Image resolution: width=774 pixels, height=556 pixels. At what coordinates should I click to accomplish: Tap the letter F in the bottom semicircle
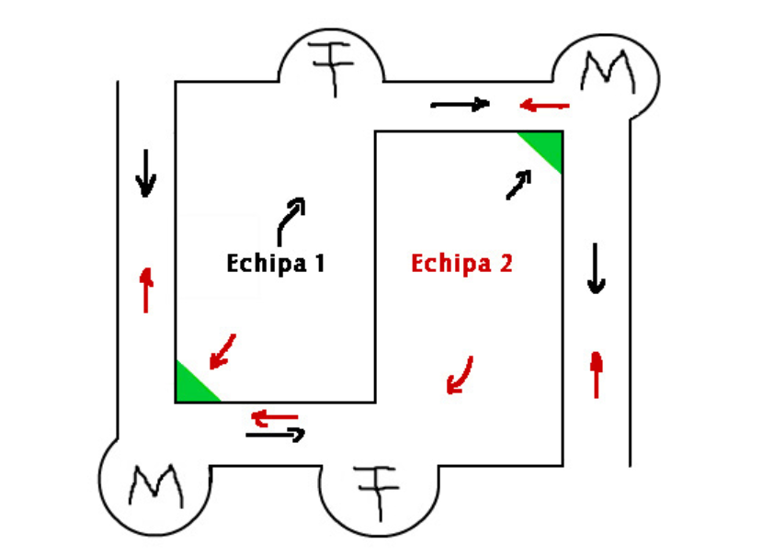[379, 491]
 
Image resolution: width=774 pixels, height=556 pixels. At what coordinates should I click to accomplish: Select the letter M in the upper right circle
[609, 72]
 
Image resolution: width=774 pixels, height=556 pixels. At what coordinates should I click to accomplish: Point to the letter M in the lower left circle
[156, 486]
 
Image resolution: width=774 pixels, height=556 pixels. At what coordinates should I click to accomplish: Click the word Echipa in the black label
[267, 264]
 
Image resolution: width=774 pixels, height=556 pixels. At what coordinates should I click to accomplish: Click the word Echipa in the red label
[451, 264]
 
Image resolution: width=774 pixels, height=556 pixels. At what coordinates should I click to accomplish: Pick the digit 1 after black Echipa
[320, 263]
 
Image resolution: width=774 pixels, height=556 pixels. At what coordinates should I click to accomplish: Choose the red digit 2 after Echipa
[506, 263]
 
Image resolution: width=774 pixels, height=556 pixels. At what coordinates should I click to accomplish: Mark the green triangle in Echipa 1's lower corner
[191, 386]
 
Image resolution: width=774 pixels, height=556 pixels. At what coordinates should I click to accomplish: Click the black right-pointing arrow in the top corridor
[460, 104]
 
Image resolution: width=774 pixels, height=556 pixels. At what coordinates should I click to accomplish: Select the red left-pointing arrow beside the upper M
[544, 105]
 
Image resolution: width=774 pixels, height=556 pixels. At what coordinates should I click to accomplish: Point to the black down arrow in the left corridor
[146, 174]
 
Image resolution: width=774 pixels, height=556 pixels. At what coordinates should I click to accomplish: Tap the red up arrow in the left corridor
[146, 290]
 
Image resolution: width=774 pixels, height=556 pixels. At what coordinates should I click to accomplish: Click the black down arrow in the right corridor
[597, 268]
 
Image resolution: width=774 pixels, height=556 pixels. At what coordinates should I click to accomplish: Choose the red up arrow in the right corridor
[597, 375]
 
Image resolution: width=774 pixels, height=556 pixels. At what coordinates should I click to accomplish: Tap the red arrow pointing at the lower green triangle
[223, 351]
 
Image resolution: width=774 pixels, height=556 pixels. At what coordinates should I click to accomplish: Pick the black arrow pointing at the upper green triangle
[518, 185]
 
